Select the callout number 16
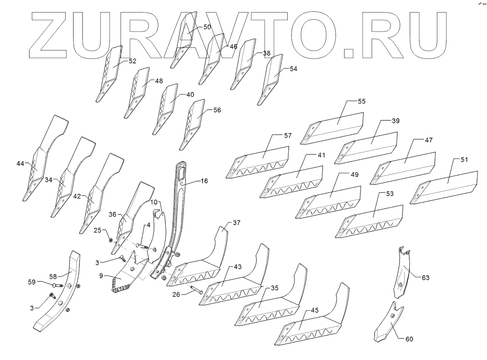pos(204,181)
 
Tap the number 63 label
pos(426,278)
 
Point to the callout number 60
pos(409,339)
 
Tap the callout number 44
pos(20,163)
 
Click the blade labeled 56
pos(195,121)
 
